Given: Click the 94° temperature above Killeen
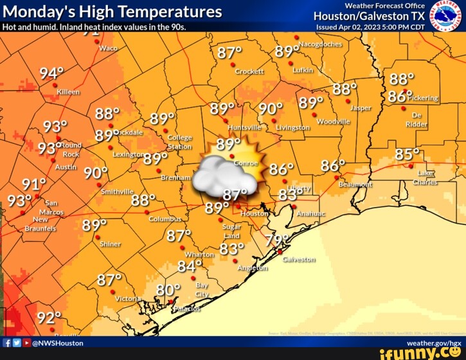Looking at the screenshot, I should pyautogui.click(x=51, y=73).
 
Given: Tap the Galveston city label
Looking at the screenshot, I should pyautogui.click(x=299, y=260).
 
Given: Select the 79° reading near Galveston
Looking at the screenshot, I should pyautogui.click(x=278, y=240).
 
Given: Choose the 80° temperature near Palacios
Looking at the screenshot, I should pyautogui.click(x=168, y=290).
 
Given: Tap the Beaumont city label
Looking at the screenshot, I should pyautogui.click(x=355, y=184).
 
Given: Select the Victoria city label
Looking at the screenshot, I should pyautogui.click(x=129, y=298).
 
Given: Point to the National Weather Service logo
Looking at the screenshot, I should pyautogui.click(x=445, y=15).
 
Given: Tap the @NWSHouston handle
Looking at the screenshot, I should pyautogui.click(x=57, y=343).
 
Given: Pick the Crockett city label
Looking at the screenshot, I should pyautogui.click(x=249, y=72).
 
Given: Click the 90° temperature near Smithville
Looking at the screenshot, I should pyautogui.click(x=96, y=173).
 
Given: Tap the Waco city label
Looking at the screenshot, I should pyautogui.click(x=108, y=49).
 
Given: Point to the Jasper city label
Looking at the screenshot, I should pyautogui.click(x=361, y=108).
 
